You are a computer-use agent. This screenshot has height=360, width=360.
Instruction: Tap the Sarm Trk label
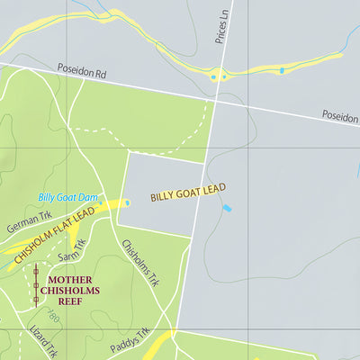[72, 251]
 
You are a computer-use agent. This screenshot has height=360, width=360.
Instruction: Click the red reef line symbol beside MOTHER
[36, 286]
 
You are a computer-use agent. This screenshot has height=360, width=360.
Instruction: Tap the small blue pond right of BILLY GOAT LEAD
[226, 208]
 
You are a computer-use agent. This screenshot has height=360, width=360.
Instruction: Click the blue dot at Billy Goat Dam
[127, 203]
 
